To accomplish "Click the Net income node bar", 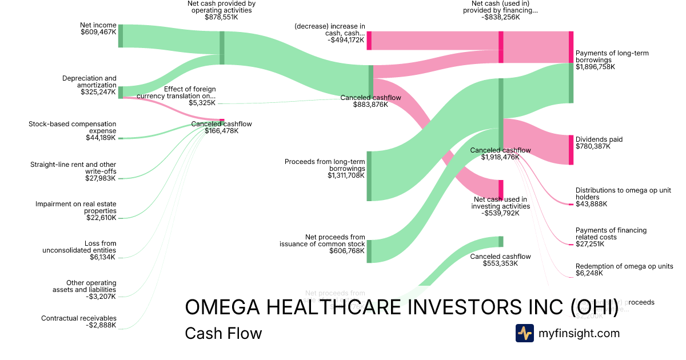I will point(121,36).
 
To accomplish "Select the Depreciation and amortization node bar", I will point(121,92).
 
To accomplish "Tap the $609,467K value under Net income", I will point(98,33).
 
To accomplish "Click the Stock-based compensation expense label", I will point(73,127).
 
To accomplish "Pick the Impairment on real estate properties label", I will point(75,207).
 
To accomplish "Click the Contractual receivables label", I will point(78,318).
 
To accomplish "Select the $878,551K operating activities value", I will point(221,18).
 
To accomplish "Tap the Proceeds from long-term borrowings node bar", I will point(369,176).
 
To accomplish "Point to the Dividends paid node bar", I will point(571,150).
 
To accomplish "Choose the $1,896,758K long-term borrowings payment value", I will point(595,67).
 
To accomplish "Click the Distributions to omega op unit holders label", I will point(623,194).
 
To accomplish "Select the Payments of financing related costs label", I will point(611,234).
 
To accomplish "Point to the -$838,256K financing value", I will point(500,18).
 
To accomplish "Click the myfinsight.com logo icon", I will point(525,333).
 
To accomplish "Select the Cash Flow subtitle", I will point(223,334).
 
